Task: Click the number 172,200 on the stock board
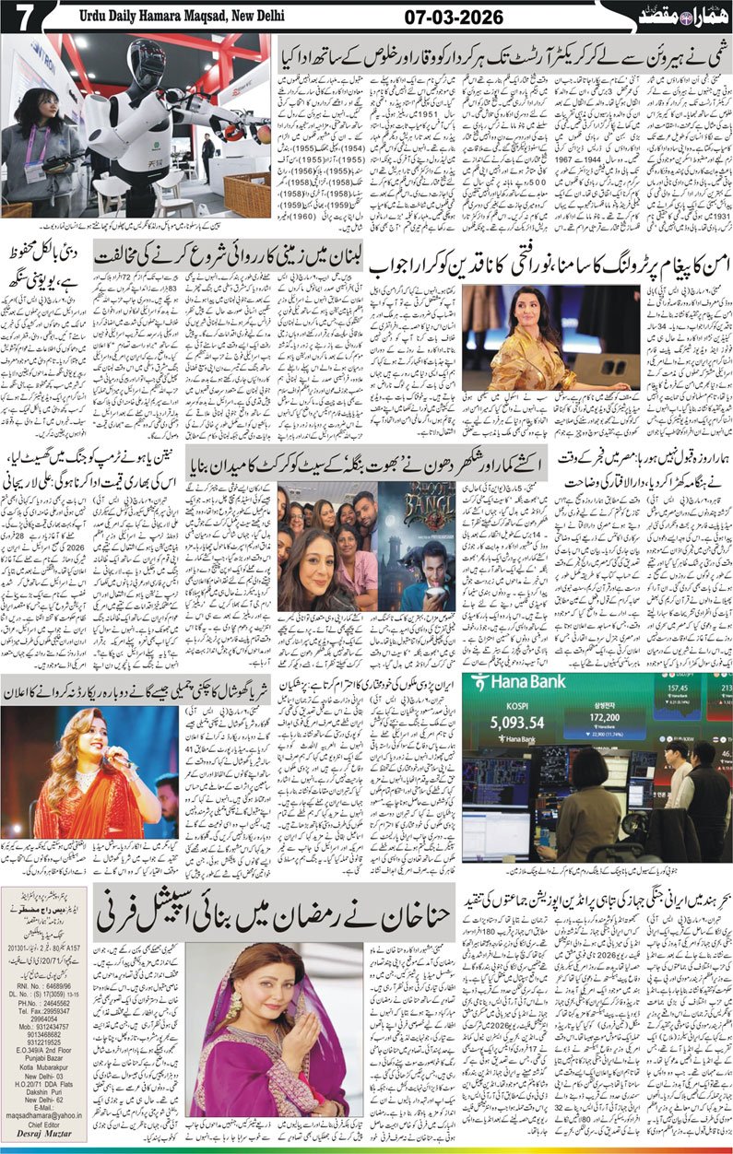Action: pos(624,715)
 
